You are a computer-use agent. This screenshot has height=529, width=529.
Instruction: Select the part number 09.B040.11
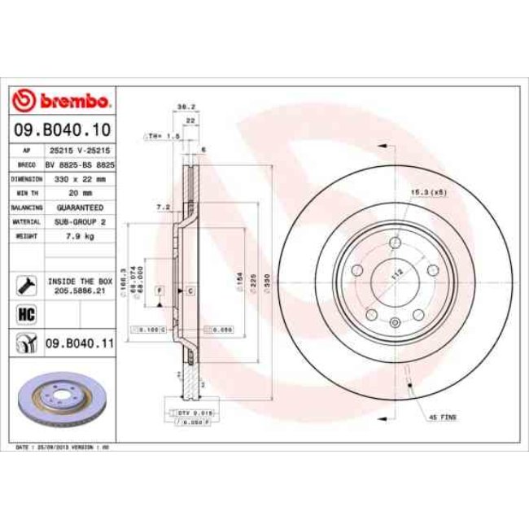78,344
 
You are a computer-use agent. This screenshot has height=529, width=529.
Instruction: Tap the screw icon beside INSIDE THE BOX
24,284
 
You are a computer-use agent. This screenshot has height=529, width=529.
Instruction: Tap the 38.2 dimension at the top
185,107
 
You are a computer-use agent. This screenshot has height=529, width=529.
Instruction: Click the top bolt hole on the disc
396,243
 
